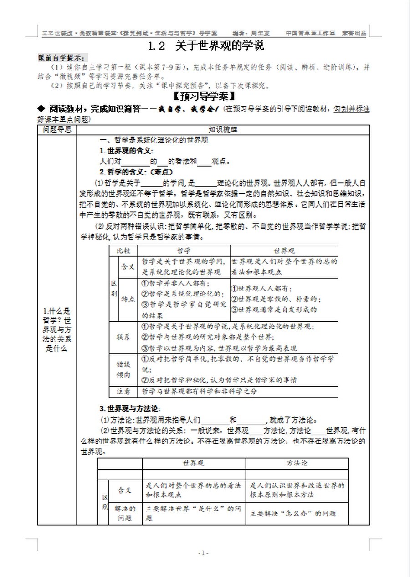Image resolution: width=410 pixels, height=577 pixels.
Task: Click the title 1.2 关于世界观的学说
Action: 206,46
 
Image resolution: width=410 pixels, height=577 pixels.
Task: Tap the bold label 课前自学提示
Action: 61,58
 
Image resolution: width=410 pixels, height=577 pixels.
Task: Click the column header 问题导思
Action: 57,130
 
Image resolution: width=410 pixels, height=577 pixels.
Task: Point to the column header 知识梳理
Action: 223,130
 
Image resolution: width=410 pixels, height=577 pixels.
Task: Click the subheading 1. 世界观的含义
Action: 127,151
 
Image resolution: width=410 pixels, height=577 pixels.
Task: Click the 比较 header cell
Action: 123,251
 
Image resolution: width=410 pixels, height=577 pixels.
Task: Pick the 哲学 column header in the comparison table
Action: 184,251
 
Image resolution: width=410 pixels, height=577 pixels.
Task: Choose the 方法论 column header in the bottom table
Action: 297,463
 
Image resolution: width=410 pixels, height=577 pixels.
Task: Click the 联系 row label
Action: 123,337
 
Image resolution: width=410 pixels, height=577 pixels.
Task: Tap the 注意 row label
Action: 123,391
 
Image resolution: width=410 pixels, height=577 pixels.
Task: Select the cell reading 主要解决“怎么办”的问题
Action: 293,513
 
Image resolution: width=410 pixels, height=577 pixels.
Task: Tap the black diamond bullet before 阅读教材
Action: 41,109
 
